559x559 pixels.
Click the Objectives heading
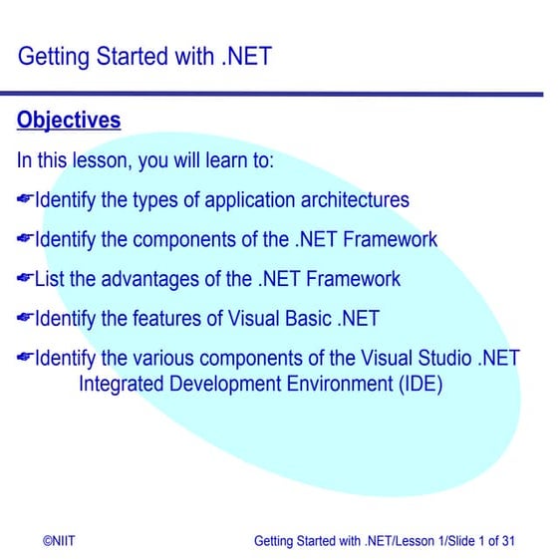tap(69, 121)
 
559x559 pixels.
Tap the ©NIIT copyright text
tap(59, 541)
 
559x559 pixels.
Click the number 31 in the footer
tap(507, 541)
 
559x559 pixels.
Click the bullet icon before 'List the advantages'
tap(25, 279)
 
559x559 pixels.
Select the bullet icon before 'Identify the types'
tap(25, 200)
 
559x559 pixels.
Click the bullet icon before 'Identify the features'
tap(25, 319)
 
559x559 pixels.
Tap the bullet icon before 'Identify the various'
tap(25, 358)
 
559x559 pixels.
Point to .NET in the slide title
tap(245, 56)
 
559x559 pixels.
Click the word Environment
tap(323, 383)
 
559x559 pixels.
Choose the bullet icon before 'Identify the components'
tap(25, 240)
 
